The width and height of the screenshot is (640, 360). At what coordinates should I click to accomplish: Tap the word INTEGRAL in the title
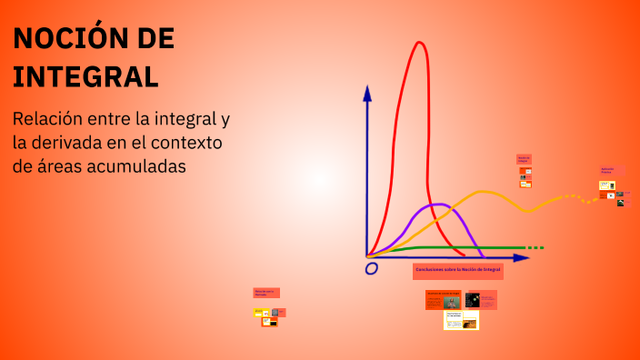click(x=86, y=76)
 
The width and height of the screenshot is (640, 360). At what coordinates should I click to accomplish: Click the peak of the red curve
click(x=419, y=43)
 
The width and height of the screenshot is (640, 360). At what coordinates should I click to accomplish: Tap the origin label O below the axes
click(x=371, y=269)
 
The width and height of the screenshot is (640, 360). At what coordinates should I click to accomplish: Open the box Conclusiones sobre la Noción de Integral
click(x=458, y=270)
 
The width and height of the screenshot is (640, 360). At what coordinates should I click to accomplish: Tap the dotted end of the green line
click(x=536, y=248)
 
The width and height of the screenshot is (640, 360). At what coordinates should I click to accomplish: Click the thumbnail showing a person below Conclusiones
click(x=451, y=301)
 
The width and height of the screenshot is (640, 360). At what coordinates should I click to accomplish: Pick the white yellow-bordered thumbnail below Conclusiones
click(x=462, y=320)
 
